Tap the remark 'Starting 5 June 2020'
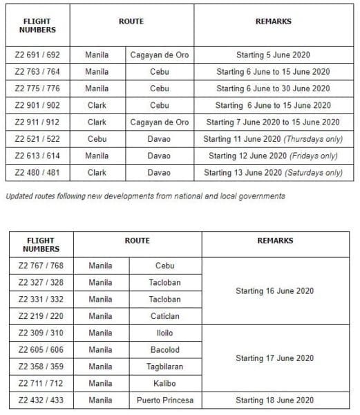[273, 55]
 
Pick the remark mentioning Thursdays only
[273, 139]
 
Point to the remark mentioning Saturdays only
[273, 173]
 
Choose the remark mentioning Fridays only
[273, 156]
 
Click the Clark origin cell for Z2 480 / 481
[97, 173]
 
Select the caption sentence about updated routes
[145, 196]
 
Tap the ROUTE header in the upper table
[131, 21]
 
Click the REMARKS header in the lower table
[275, 241]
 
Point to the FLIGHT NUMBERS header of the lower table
[40, 245]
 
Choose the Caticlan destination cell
[164, 316]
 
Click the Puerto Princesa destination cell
[164, 400]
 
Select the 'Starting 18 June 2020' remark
[275, 400]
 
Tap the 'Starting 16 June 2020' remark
[275, 291]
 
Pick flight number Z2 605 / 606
[40, 350]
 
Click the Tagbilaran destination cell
[164, 367]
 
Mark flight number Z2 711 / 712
[40, 383]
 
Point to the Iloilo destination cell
[164, 333]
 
